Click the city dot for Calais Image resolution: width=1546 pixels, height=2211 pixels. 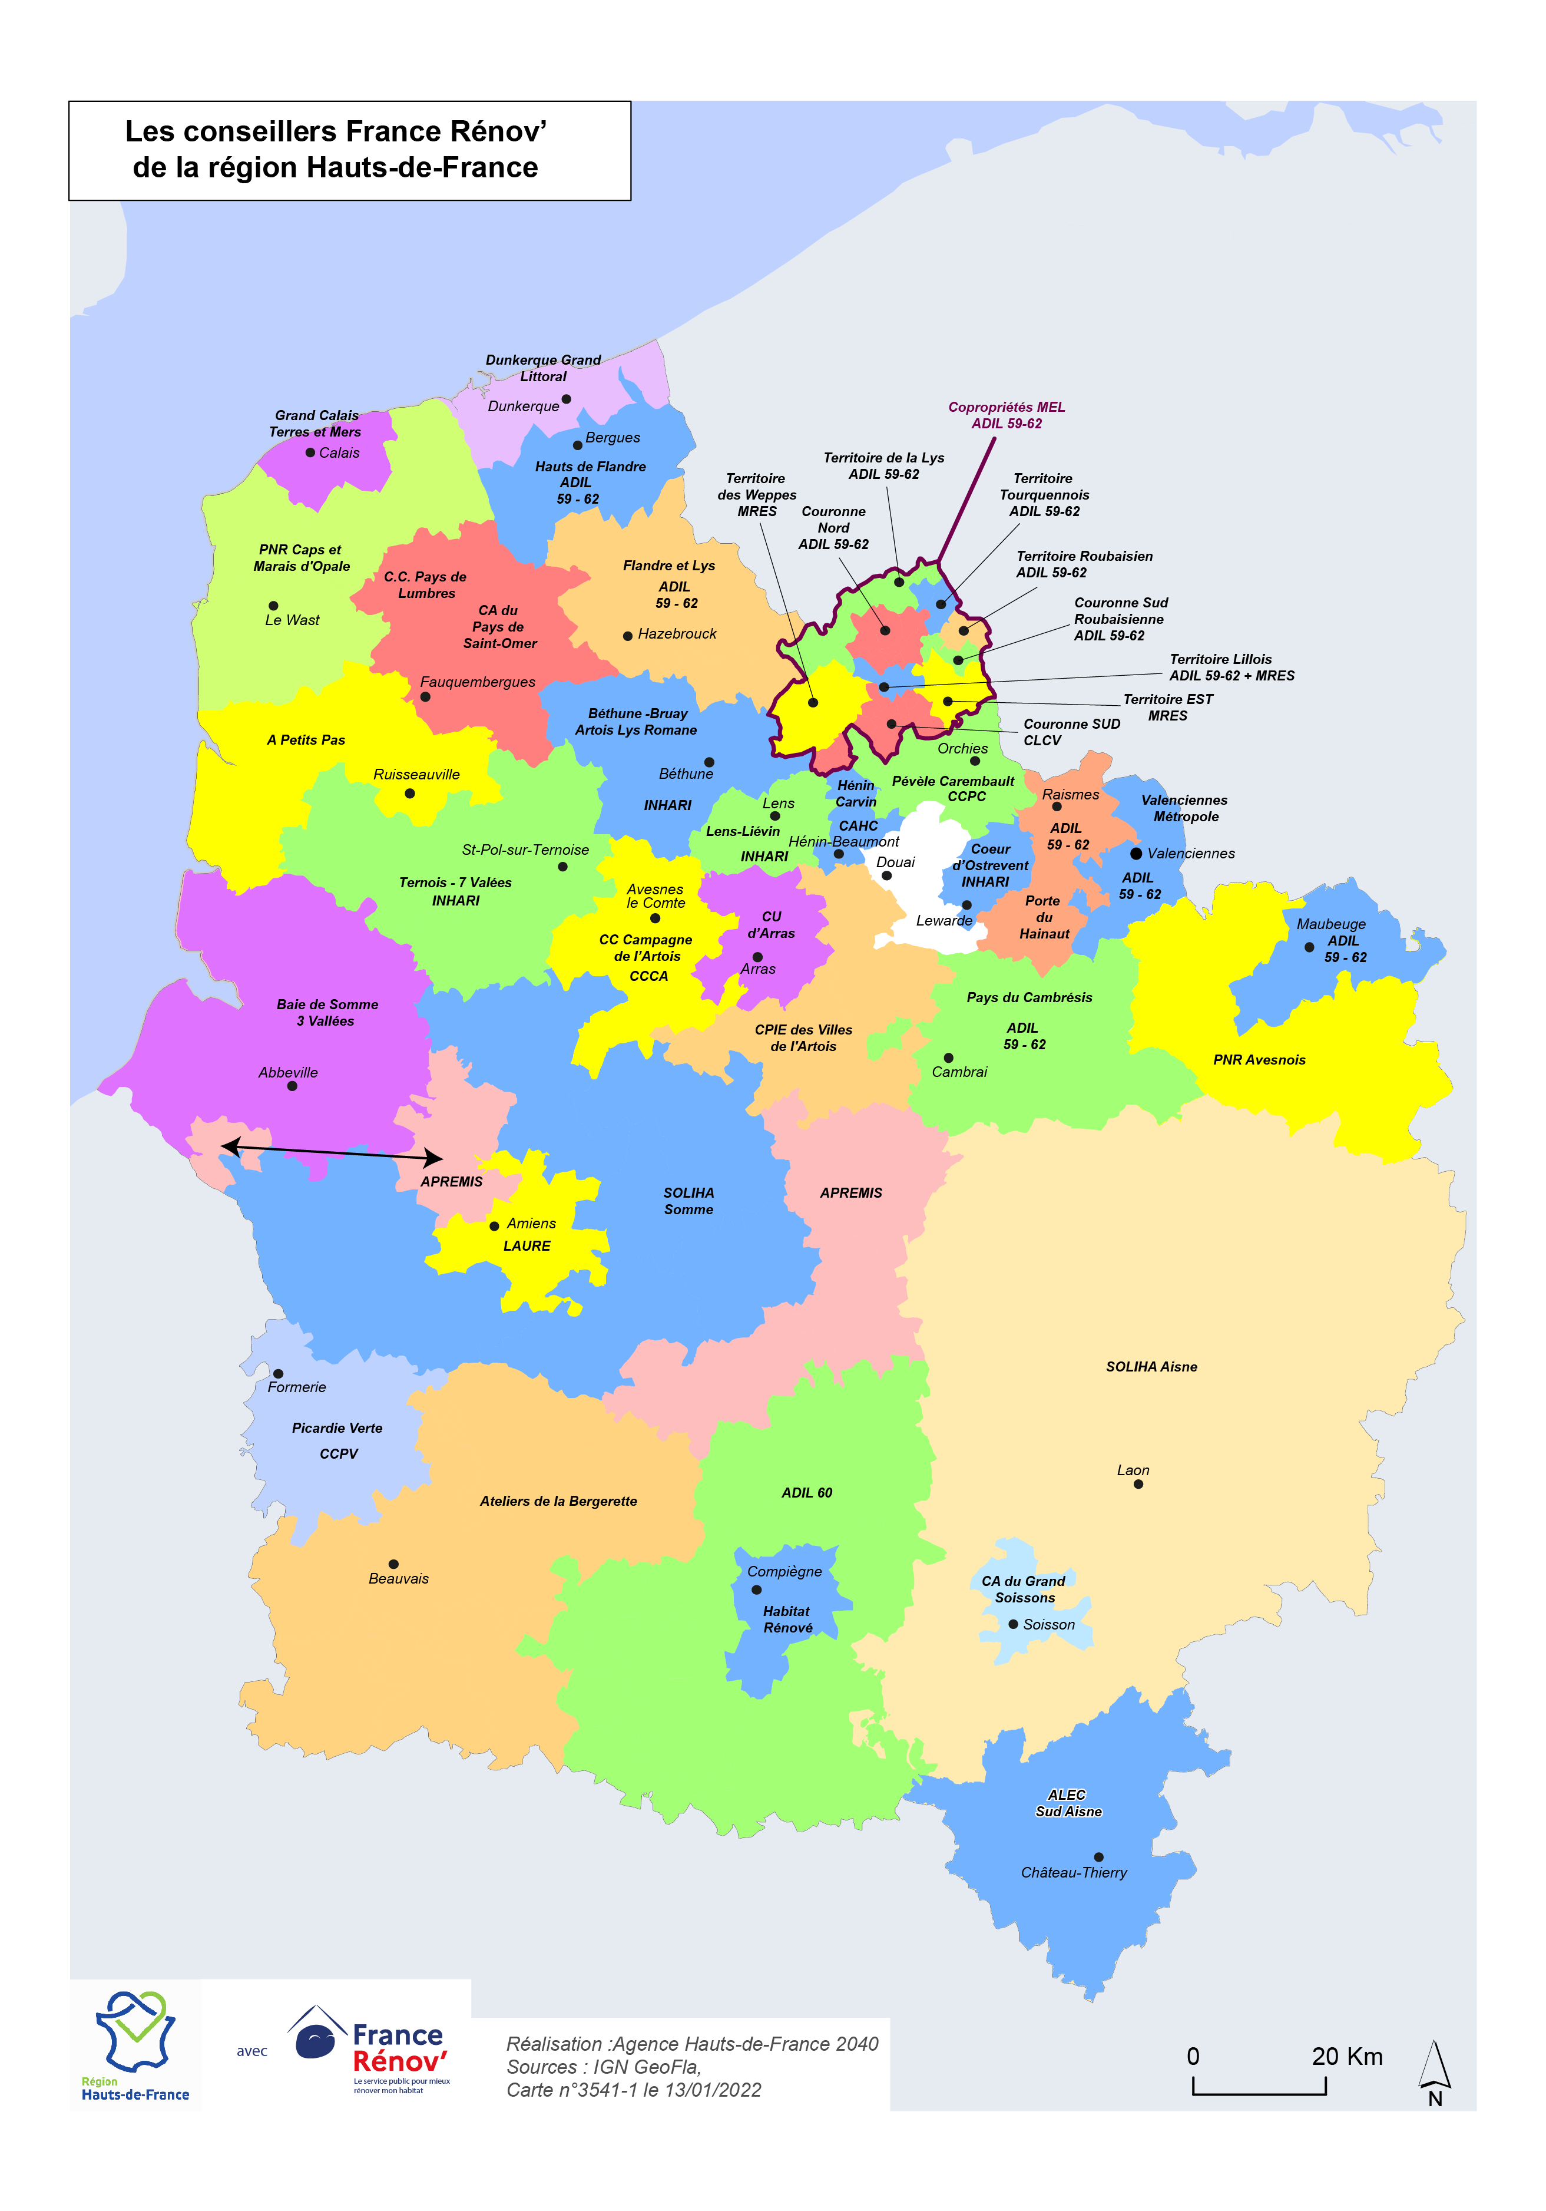pos(310,452)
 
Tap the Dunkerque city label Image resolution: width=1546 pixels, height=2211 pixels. pos(523,406)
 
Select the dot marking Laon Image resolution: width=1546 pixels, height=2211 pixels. pos(1138,1484)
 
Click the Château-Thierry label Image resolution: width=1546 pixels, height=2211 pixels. pos(1073,1872)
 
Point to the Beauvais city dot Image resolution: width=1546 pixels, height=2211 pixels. pos(393,1564)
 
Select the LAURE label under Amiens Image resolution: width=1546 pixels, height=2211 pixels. pos(527,1246)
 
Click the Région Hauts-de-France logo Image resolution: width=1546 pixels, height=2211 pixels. pos(135,2046)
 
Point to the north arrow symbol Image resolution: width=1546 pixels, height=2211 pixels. pos(1434,2073)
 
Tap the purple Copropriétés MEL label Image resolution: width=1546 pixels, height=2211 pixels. pos(1006,415)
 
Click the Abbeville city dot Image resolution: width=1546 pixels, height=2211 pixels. pos(292,1086)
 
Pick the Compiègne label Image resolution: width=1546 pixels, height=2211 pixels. pos(784,1572)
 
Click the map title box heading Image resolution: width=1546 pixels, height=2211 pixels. pos(336,149)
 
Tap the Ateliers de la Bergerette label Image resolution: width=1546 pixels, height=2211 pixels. pos(558,1501)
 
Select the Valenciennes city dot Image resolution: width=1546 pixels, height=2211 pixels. pos(1136,853)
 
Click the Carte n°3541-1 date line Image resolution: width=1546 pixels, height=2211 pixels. pos(633,2090)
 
